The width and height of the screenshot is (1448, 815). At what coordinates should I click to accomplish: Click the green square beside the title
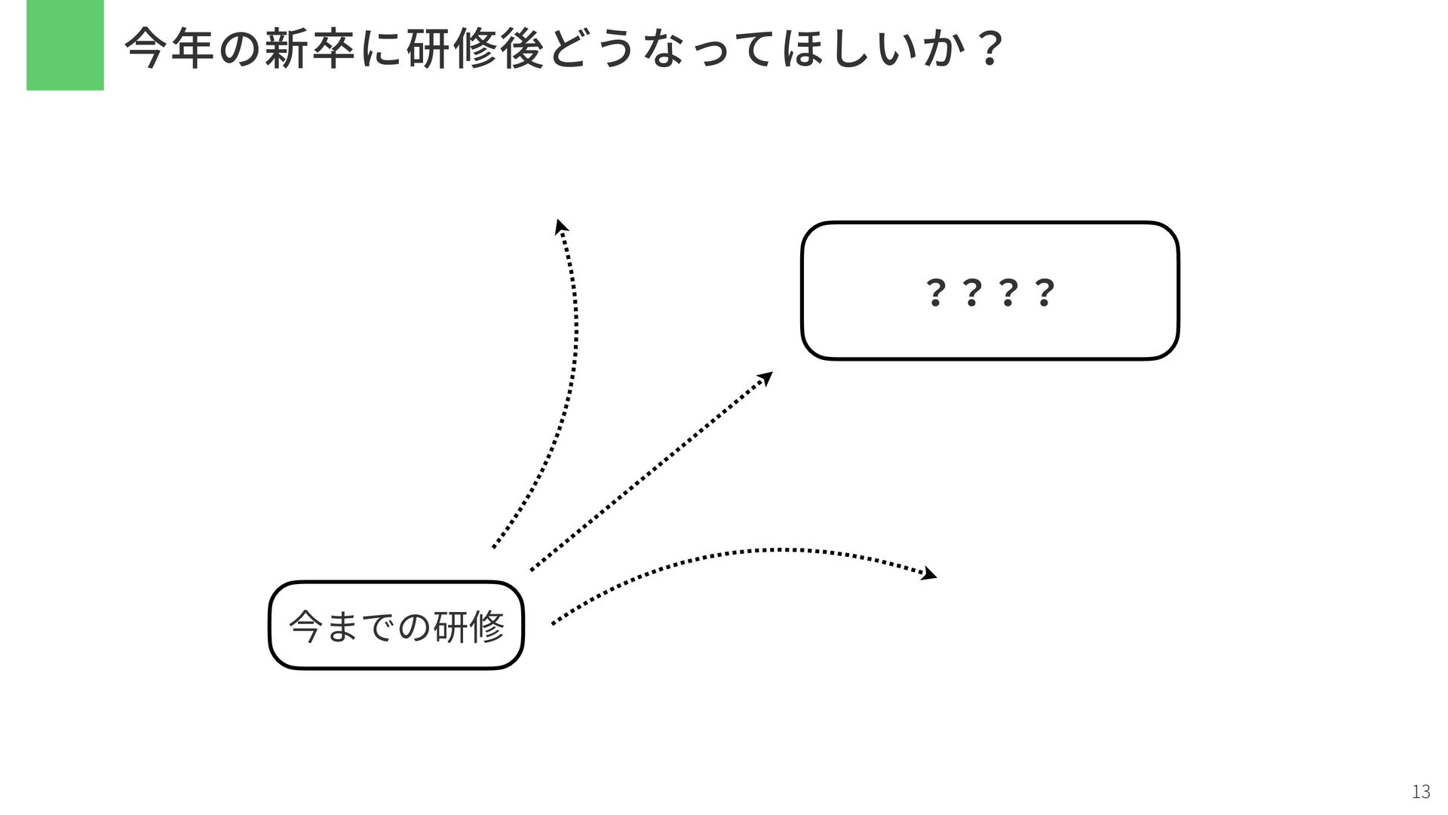[x=65, y=45]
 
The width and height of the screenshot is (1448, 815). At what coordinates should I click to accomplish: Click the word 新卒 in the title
[x=309, y=49]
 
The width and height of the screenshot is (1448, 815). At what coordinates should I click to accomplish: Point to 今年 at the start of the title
[x=170, y=49]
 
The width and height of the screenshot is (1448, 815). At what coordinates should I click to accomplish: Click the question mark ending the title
[x=988, y=49]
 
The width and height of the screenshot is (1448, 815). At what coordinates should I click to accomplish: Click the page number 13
[x=1420, y=792]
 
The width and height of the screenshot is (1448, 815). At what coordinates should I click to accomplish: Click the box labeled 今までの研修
[x=396, y=625]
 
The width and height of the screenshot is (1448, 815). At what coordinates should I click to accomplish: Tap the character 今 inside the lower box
[x=305, y=626]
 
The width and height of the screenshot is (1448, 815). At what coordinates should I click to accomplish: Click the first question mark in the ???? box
[x=934, y=292]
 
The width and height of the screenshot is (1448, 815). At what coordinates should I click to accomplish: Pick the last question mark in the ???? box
[x=1044, y=292]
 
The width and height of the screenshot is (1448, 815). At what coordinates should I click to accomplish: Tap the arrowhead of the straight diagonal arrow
[x=767, y=376]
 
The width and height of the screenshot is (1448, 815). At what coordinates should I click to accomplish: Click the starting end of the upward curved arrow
[x=493, y=547]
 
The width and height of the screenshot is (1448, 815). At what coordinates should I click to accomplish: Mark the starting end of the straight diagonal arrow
[x=531, y=570]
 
